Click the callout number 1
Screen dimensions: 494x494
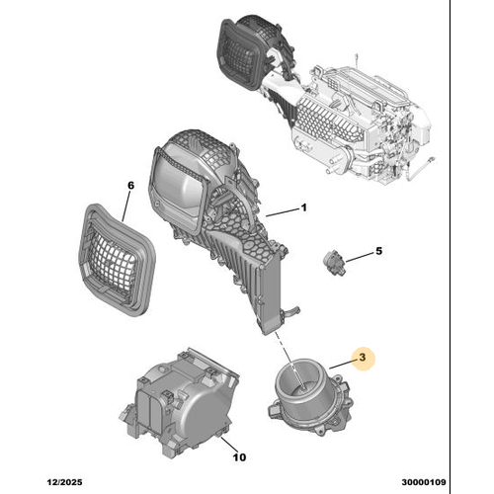click(304, 207)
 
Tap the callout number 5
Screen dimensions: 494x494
click(376, 253)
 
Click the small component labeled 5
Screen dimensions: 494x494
click(333, 263)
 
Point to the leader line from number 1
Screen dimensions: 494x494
click(282, 210)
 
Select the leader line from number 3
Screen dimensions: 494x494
click(341, 368)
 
